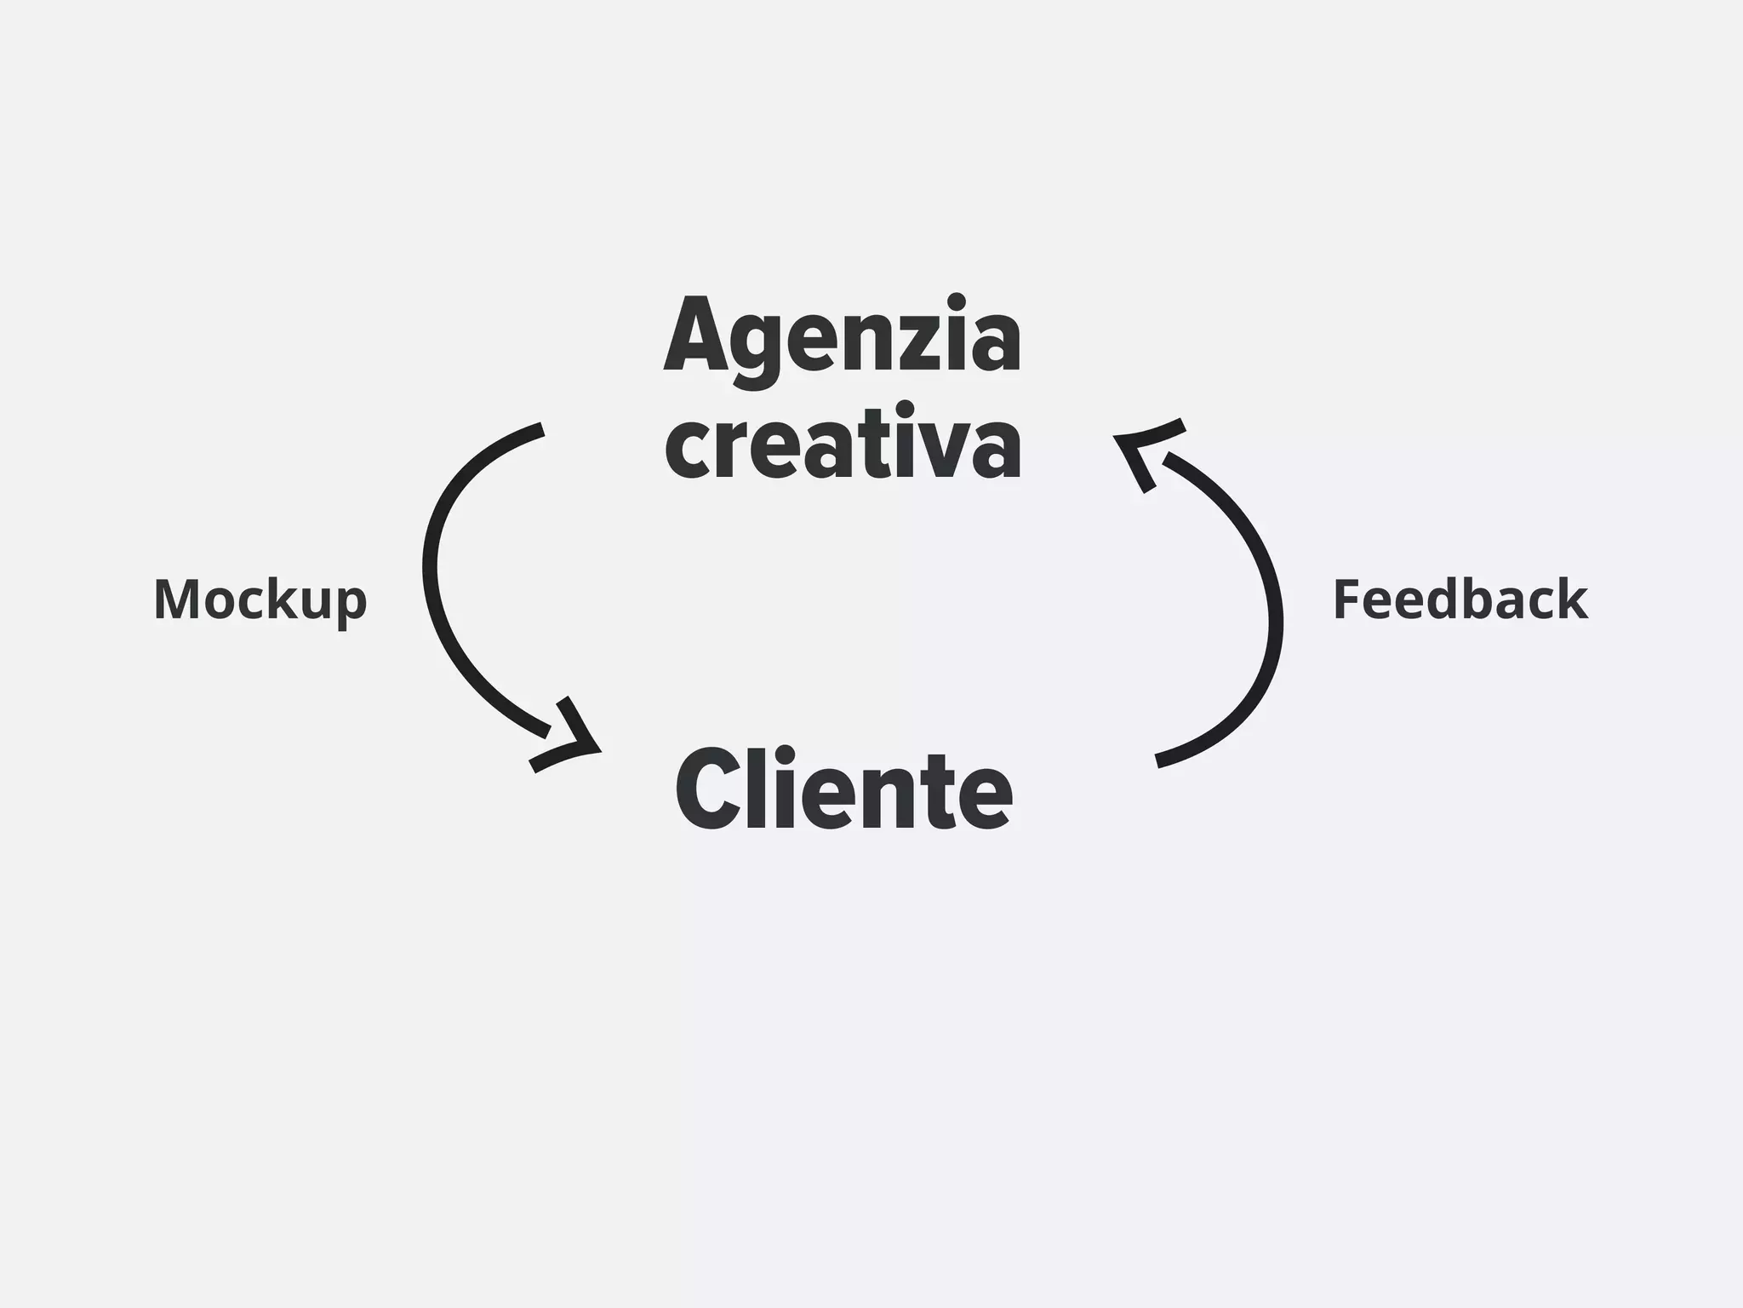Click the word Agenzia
(843, 336)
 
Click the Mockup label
(260, 599)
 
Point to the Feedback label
(1460, 599)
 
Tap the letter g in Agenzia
(754, 349)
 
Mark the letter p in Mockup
(351, 605)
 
